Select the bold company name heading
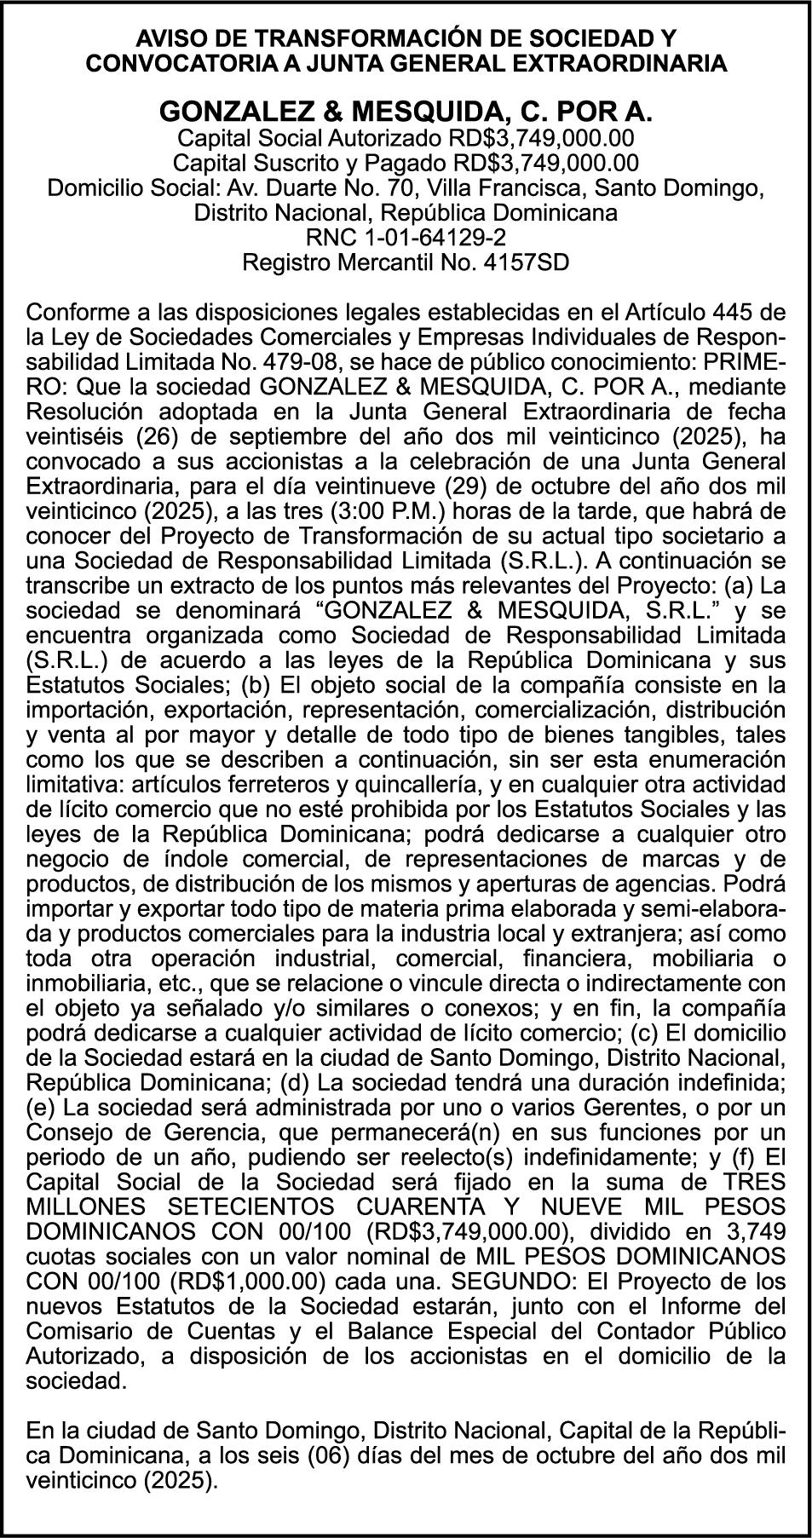click(406, 112)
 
